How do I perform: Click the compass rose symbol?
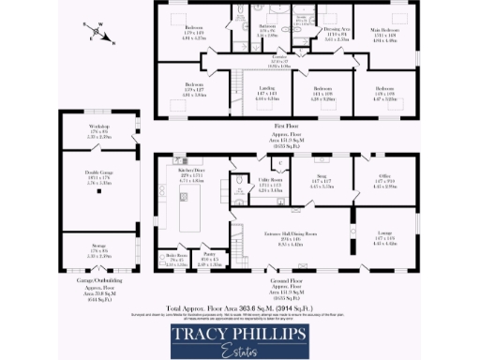[97, 35]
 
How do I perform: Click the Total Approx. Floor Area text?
[240, 307]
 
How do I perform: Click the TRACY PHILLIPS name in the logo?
[240, 334]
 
